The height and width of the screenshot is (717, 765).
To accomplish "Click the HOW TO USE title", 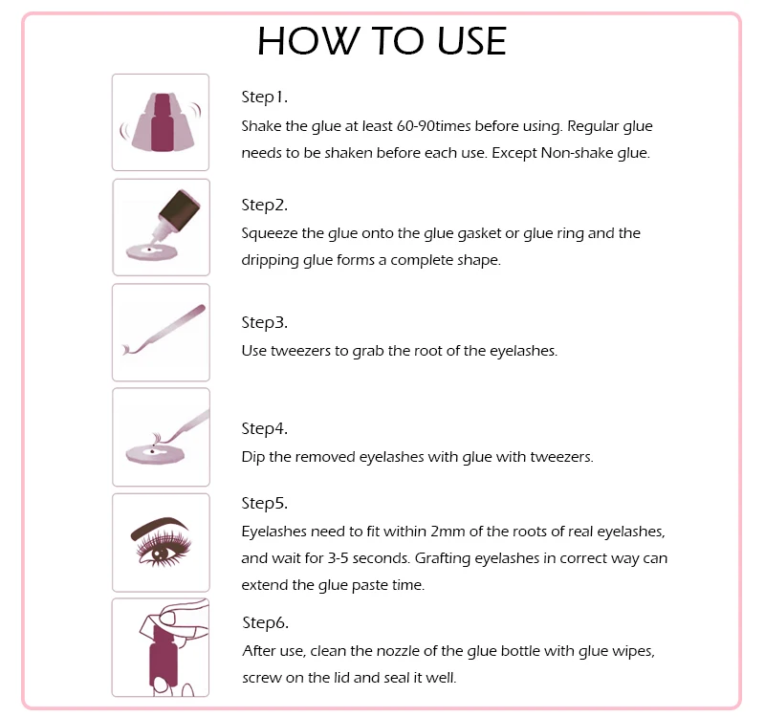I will tap(382, 40).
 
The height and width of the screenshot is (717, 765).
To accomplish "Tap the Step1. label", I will tap(264, 97).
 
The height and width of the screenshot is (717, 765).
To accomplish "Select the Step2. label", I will tap(264, 205).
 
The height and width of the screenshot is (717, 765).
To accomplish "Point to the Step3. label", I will tap(264, 322).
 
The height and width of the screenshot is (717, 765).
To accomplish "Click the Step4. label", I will tap(264, 428).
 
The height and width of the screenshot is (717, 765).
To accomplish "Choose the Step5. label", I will tap(264, 503).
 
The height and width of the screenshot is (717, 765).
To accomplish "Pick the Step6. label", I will tap(265, 622).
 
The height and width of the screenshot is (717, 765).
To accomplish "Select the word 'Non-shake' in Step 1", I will tap(580, 153).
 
